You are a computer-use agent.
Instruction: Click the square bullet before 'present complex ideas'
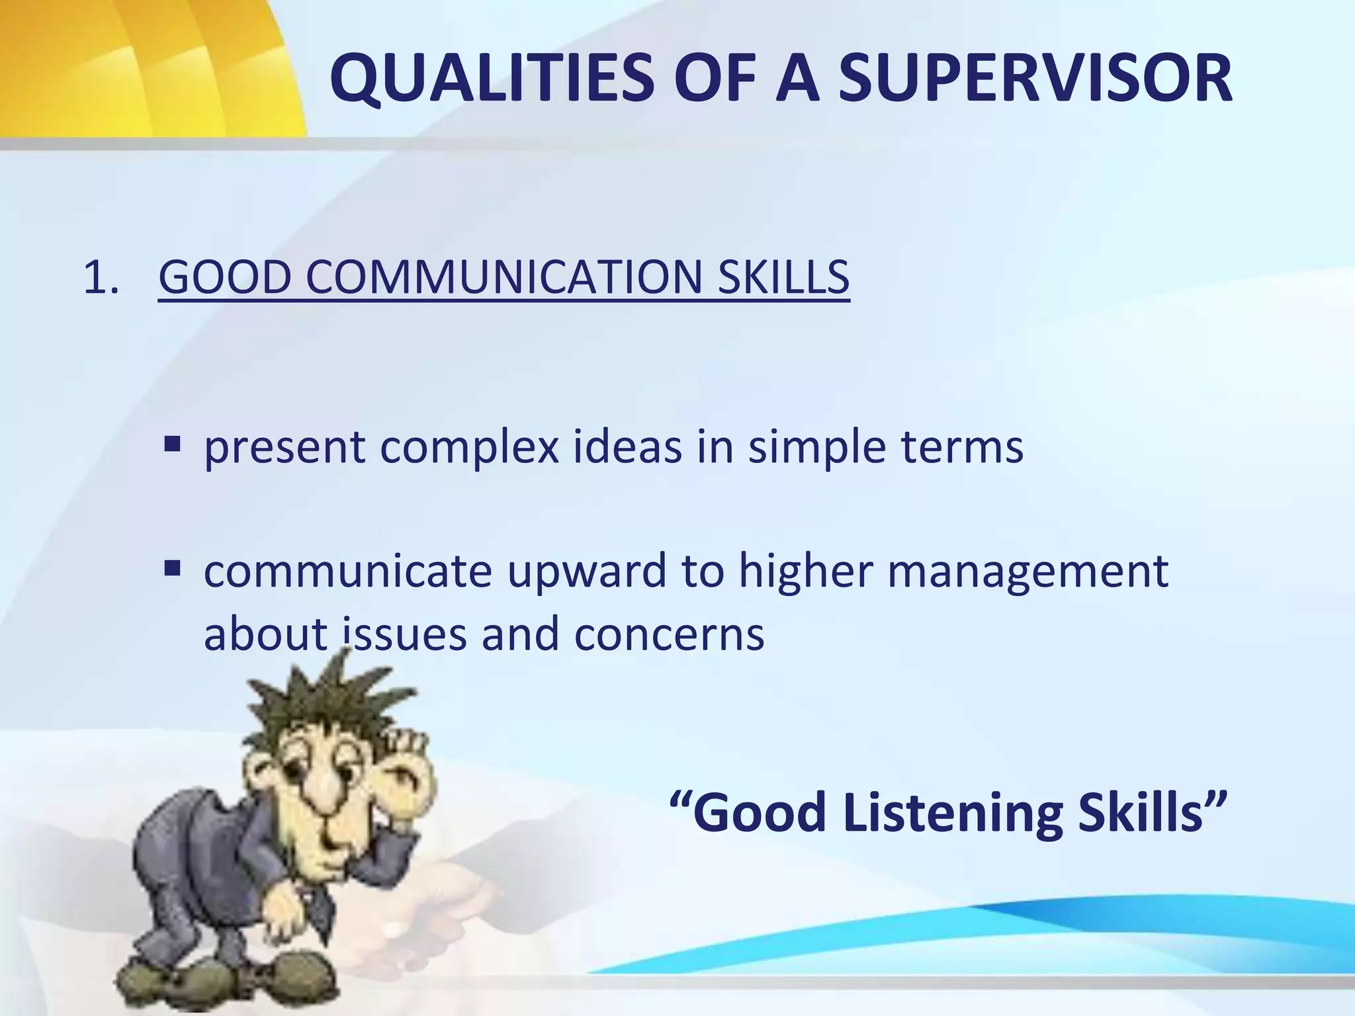tap(173, 443)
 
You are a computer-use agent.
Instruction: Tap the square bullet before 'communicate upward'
tap(173, 568)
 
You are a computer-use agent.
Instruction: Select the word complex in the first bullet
tap(469, 447)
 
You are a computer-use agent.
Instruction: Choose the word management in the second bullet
tap(1027, 571)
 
